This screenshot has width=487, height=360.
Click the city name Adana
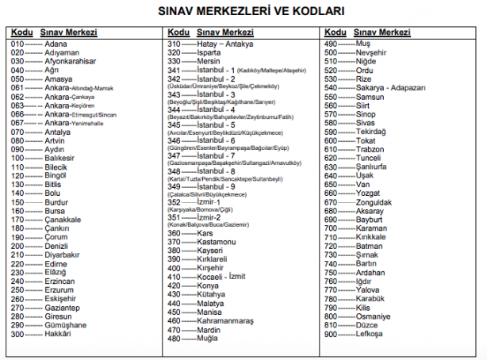coord(56,44)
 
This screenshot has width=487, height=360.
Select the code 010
coord(17,44)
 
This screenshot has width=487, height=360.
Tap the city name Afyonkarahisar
coord(70,61)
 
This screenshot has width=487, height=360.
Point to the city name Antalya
coord(59,132)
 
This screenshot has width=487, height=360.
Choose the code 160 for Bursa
coord(17,211)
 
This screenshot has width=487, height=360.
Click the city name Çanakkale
coord(63,220)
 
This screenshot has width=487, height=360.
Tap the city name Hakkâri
coord(58,335)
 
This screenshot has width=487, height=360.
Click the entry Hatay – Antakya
coord(225,44)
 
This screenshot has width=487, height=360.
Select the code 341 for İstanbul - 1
coord(174,71)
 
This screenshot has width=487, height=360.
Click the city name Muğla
coord(209,339)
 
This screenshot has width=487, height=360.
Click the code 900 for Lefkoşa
coord(332,335)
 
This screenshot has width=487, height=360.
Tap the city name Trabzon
coord(370,149)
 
